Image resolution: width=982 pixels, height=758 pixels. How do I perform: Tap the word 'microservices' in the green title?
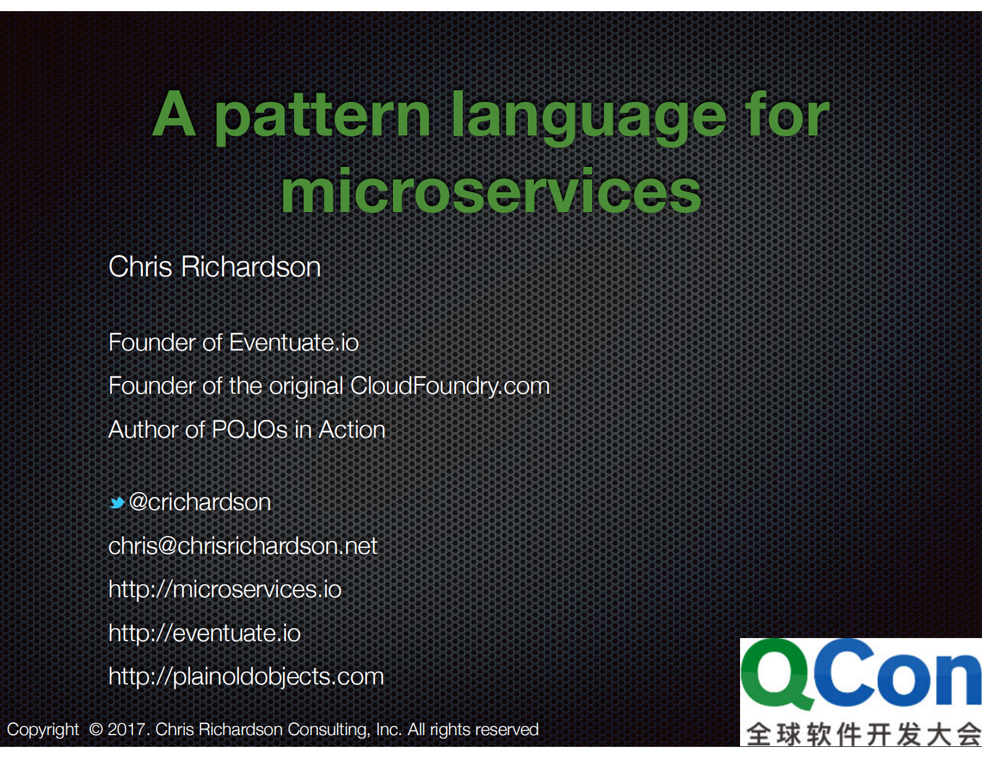point(491,192)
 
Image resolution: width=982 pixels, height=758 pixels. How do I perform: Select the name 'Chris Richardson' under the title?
point(214,267)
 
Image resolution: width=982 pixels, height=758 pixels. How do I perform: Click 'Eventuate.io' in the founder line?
point(294,343)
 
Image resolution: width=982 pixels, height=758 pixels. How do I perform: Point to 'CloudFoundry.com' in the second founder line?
point(449,386)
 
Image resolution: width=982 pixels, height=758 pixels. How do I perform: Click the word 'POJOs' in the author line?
point(249,430)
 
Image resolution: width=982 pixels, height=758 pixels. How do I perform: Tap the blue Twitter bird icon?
point(117,503)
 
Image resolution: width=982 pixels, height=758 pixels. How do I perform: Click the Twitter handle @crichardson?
point(200,502)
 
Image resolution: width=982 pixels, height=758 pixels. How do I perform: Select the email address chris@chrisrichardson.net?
point(243,546)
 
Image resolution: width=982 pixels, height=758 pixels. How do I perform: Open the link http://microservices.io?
point(225,589)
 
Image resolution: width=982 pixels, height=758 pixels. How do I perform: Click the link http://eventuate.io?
point(204,633)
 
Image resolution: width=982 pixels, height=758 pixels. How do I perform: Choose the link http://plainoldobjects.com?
point(246,676)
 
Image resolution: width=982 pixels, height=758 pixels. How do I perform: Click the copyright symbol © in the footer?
point(96,730)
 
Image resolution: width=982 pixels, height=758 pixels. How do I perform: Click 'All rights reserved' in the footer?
point(473,730)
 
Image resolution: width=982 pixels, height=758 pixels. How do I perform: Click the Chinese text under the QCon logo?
point(863,735)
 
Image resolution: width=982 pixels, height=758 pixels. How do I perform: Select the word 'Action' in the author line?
point(351,430)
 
